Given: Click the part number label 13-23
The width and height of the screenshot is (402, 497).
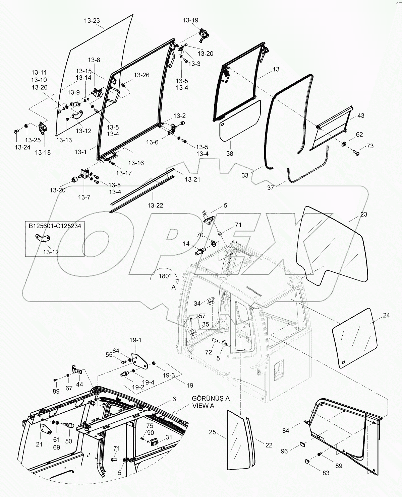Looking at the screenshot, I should [92, 20].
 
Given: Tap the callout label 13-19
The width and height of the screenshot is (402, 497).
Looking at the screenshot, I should [190, 20].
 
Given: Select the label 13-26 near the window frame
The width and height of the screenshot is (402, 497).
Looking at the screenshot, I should [141, 75].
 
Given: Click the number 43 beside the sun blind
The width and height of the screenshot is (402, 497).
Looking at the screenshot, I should [360, 115].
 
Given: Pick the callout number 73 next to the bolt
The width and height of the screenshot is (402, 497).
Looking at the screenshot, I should [370, 146].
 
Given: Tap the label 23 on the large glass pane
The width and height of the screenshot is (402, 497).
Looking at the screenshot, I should [364, 215].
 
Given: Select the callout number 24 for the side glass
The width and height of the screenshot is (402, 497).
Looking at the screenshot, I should [386, 315].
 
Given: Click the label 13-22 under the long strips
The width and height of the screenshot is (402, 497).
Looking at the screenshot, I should [156, 205].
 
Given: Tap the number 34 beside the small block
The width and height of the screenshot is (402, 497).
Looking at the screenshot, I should [197, 304].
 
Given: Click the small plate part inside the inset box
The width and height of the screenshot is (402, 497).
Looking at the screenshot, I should [43, 238].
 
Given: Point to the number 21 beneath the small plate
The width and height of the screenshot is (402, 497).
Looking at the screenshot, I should [40, 444].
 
